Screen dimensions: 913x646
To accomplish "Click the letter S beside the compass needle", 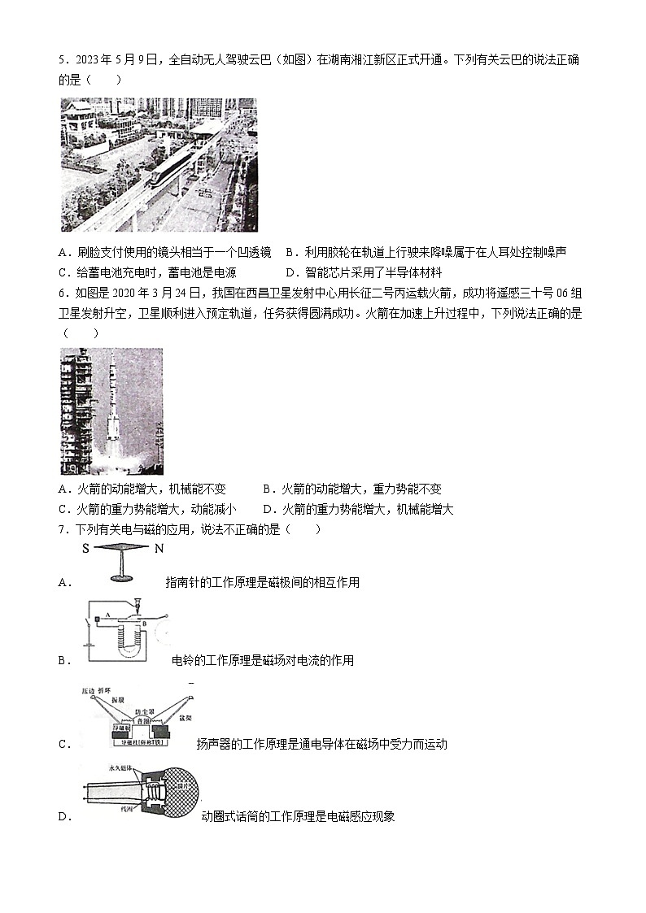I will (85, 549).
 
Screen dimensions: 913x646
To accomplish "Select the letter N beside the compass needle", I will (159, 549).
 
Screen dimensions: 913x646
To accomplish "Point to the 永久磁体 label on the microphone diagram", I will (121, 767).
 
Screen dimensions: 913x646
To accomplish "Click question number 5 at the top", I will (63, 60).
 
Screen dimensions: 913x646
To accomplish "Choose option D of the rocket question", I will (358, 509).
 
